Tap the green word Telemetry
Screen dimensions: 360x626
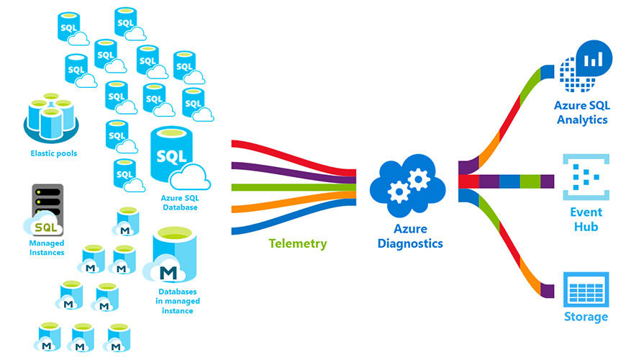pyautogui.click(x=297, y=243)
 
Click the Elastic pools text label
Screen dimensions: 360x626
pyautogui.click(x=53, y=153)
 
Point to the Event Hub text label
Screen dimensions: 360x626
pyautogui.click(x=584, y=220)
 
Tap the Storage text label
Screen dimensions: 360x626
pyautogui.click(x=585, y=317)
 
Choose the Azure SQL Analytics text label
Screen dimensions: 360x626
pyautogui.click(x=582, y=112)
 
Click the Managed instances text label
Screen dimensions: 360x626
pyautogui.click(x=47, y=248)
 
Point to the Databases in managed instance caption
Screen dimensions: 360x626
pyautogui.click(x=178, y=301)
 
